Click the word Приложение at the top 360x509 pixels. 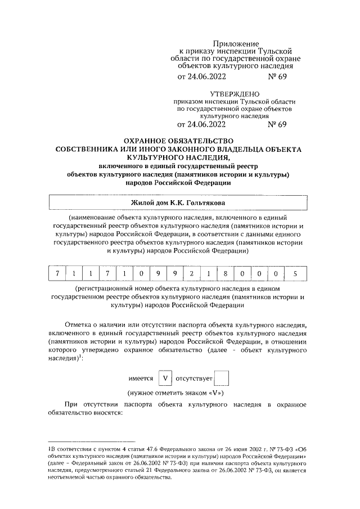(x=236, y=43)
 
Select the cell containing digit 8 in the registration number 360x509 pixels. (x=225, y=274)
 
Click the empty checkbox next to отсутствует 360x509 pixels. (x=222, y=379)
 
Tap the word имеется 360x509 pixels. (x=141, y=379)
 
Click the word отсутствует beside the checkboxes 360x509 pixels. (x=195, y=379)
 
